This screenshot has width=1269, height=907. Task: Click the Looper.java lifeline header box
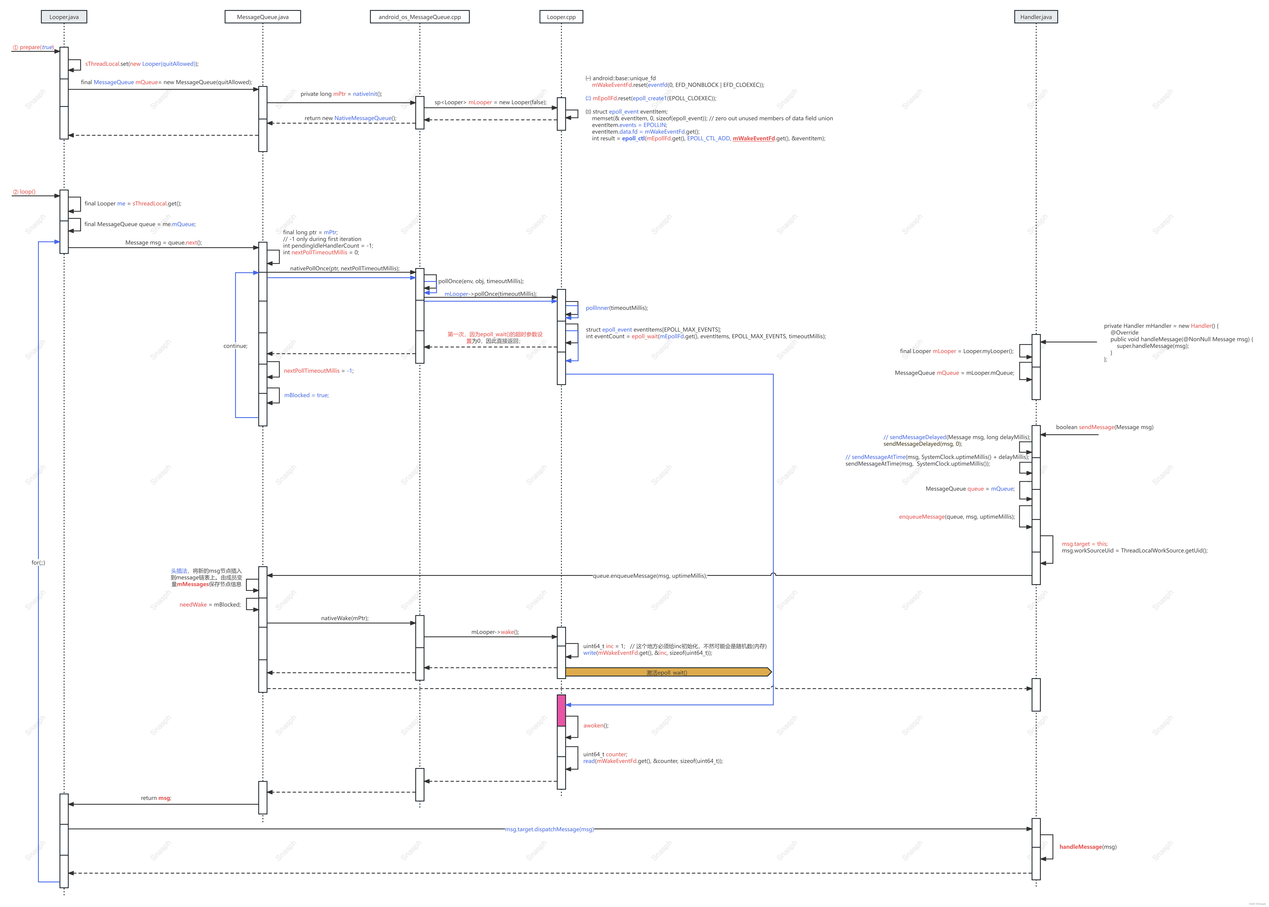64,17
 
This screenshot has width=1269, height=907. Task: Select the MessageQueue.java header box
262,17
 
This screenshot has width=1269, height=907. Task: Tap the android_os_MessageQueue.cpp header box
419,17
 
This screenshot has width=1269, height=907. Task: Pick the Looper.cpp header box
561,17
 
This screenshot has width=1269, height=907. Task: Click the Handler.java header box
1036,17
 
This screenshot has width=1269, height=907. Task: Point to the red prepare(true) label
34,47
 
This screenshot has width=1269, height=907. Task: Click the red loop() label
24,191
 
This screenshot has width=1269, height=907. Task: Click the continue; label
235,346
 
